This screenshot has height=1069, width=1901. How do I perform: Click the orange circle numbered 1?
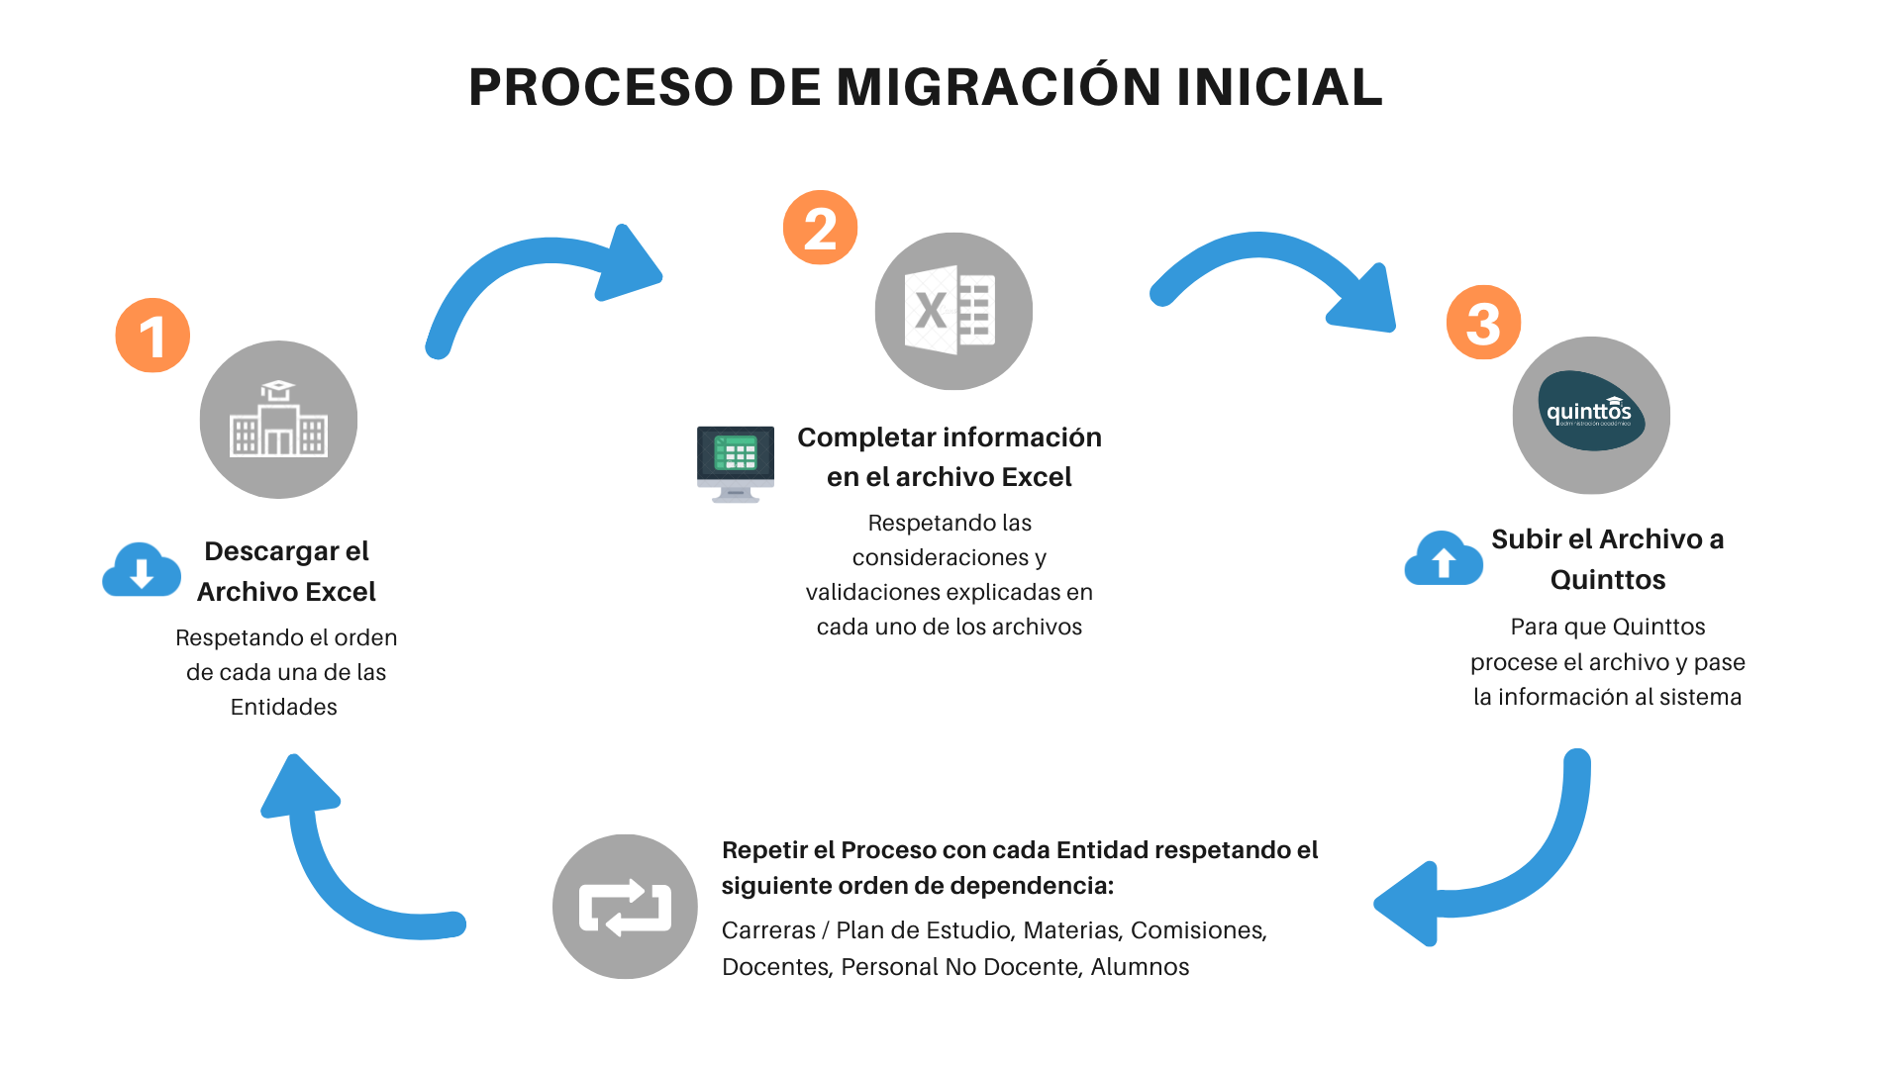point(152,336)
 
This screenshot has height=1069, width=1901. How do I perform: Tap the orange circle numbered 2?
point(820,228)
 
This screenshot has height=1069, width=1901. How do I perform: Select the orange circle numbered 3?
point(1483,323)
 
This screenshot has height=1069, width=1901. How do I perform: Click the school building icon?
point(278,420)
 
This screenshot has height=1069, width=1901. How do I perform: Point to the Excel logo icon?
point(952,311)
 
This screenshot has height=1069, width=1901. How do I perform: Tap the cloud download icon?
point(142,569)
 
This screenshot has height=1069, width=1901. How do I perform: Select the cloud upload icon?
point(1444,559)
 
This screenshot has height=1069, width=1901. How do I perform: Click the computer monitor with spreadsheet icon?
point(736,463)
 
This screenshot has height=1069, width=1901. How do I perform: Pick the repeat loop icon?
point(625,907)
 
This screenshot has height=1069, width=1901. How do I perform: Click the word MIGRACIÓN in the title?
point(998,87)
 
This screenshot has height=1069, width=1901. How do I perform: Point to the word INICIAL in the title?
point(1279,87)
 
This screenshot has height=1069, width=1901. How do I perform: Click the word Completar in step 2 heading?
point(865,437)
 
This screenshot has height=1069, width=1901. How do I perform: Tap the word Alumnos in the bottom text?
point(1140,967)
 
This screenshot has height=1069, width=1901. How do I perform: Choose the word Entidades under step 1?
point(284,707)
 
